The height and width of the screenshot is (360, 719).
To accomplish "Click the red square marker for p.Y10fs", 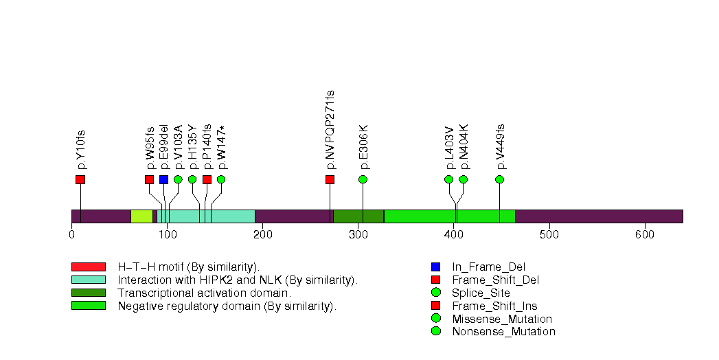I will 80,179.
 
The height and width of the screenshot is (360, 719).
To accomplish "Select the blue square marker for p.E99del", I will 163,179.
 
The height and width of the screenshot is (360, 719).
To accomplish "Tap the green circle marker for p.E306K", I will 363,179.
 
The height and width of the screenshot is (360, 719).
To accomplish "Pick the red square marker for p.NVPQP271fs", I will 330,179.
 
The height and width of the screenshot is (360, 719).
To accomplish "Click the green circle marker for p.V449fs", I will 499,179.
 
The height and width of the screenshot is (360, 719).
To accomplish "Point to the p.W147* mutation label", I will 221,146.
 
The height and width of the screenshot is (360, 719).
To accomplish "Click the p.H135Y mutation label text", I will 192,146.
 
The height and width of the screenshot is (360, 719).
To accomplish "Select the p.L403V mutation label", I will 449,146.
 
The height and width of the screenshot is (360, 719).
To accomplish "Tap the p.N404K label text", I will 464,146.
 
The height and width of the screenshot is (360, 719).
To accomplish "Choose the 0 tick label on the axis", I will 71,235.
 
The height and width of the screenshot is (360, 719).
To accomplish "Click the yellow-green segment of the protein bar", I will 141,216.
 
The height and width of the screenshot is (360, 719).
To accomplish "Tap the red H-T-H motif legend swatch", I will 88,267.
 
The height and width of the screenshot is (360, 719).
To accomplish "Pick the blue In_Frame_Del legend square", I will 435,267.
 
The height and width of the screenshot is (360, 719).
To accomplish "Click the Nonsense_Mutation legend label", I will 503,332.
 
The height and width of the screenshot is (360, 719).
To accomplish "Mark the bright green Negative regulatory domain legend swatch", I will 88,306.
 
